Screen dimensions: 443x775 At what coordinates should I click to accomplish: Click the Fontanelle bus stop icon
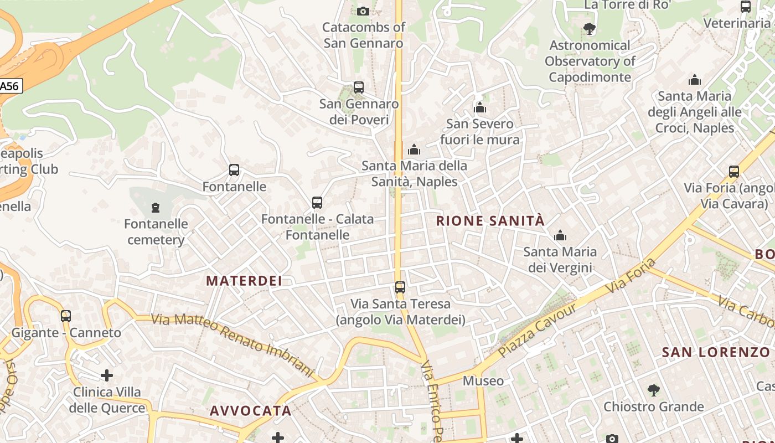[x=234, y=170]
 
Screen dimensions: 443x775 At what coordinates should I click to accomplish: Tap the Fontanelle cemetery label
[x=156, y=232]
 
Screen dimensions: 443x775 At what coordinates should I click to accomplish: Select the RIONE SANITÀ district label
[x=490, y=221]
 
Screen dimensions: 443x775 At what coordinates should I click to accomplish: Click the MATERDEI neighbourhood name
[x=244, y=281]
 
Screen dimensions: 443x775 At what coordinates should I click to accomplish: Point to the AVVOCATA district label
[x=250, y=411]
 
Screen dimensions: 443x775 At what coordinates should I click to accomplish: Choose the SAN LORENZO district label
[x=716, y=352]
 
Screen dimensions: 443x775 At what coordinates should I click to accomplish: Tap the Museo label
[x=483, y=381]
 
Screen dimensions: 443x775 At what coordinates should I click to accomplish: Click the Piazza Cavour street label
[x=538, y=330]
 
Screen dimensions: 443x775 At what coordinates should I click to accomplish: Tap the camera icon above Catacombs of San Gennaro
[x=363, y=11]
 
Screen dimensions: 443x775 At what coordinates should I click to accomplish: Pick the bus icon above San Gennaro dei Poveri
[x=359, y=87]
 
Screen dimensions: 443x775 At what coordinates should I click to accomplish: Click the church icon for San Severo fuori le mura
[x=480, y=107]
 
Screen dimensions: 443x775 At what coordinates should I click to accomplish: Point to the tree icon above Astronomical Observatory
[x=590, y=28]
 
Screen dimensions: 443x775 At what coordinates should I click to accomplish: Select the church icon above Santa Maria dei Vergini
[x=560, y=236]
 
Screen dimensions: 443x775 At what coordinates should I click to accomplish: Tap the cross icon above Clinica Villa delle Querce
[x=107, y=376]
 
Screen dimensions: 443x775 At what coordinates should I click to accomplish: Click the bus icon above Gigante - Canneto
[x=66, y=316]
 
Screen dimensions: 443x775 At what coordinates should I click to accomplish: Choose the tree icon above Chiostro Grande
[x=654, y=390]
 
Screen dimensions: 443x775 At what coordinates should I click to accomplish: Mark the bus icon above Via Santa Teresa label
[x=400, y=287]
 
